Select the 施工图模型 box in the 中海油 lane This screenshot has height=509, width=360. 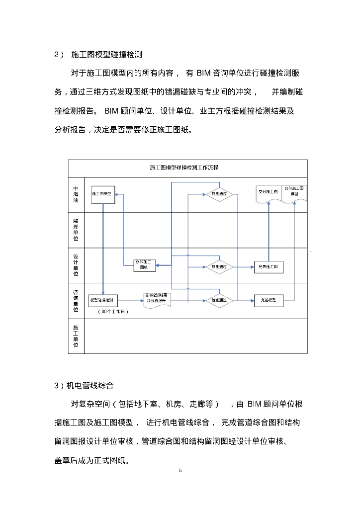tap(103, 193)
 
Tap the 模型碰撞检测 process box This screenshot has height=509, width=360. tap(103, 300)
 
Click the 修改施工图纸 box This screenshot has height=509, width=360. tap(144, 264)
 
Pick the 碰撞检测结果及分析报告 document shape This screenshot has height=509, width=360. tap(158, 300)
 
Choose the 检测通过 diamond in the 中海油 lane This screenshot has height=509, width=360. tap(219, 193)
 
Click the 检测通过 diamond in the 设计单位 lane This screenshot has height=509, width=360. tap(219, 267)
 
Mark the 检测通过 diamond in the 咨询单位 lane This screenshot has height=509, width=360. tap(219, 300)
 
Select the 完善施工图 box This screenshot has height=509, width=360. tap(269, 267)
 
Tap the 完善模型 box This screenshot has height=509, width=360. tap(269, 300)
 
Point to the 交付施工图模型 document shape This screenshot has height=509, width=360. tap(295, 192)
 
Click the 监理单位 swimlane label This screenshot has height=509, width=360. tap(76, 229)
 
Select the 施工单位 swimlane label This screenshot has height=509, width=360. tap(76, 336)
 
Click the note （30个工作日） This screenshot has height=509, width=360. tap(114, 312)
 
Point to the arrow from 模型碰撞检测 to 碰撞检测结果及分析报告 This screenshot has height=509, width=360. tap(130, 300)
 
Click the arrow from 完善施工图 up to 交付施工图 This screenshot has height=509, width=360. tap(269, 231)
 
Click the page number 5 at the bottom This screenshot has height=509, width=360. tap(180, 470)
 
